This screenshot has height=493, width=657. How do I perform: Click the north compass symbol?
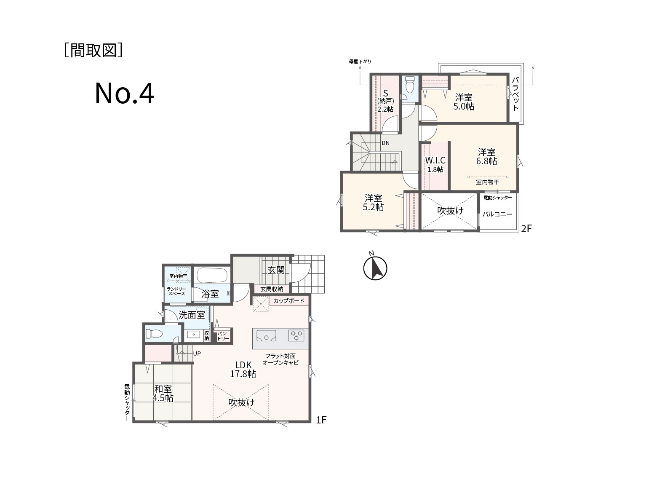[x=375, y=267]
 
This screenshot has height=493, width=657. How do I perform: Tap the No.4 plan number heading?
[x=125, y=94]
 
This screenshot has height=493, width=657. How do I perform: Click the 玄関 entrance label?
[x=276, y=270]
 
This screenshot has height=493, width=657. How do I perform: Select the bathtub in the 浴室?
[x=212, y=275]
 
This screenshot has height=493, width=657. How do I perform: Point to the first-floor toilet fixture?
[x=154, y=333]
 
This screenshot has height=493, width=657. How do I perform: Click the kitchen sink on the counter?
[x=266, y=335]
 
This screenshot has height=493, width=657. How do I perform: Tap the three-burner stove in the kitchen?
[x=296, y=335]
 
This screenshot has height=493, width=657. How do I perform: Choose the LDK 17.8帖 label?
[x=243, y=370]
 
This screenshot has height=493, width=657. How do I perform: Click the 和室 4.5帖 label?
[x=163, y=393]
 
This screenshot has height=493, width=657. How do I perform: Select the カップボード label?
[x=289, y=301]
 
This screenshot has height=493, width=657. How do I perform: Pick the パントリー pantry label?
[x=223, y=336]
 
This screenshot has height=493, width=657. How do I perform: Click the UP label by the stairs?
[x=197, y=354]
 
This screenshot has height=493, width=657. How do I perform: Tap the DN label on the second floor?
[x=385, y=143]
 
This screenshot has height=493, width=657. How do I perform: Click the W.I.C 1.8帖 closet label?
[x=435, y=164]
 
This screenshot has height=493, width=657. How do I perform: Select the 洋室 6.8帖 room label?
[x=486, y=157]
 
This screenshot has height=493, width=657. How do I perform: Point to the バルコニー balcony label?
[x=497, y=214]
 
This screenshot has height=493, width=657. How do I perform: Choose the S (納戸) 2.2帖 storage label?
[x=385, y=101]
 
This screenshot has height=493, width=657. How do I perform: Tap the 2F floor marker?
[x=526, y=229]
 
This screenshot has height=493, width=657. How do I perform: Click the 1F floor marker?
[x=321, y=420]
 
